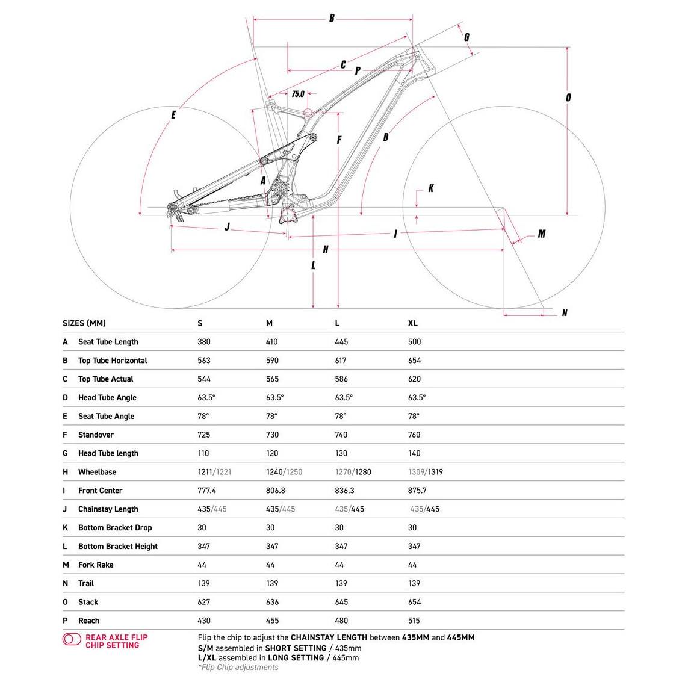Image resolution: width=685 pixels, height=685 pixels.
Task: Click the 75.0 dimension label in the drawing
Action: coord(298,94)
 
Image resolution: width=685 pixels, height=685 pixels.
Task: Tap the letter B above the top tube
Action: coord(332,18)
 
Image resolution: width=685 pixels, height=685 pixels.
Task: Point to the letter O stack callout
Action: coord(568,98)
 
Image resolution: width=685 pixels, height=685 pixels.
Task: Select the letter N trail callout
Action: coord(564,313)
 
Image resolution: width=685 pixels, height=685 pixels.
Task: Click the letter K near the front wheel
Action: coord(431,188)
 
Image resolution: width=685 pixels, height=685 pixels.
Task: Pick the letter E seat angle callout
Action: coord(173,114)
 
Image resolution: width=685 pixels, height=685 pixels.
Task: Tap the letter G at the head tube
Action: coord(466,37)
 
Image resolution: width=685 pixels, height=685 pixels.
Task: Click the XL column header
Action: coord(412,323)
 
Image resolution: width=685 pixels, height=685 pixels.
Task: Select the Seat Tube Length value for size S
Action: coord(204,342)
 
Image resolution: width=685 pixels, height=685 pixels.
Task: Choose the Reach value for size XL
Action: coord(414,621)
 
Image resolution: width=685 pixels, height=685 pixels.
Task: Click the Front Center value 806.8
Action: coord(276,491)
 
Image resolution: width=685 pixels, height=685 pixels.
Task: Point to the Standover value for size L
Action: coord(341,435)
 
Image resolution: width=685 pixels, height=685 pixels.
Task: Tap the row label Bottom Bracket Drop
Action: coord(115,528)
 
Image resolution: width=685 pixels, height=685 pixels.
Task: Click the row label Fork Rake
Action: coord(96,565)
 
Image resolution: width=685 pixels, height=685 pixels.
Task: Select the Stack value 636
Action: coord(272,602)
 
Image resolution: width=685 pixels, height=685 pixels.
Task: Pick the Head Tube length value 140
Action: coord(414,453)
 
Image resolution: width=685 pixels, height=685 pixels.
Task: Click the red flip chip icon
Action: coord(72,639)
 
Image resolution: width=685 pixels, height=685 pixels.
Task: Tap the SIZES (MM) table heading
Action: coord(84,323)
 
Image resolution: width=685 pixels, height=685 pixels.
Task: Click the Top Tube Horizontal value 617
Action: coord(341,361)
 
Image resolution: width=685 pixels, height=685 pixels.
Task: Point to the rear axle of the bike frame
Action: coord(171,212)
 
